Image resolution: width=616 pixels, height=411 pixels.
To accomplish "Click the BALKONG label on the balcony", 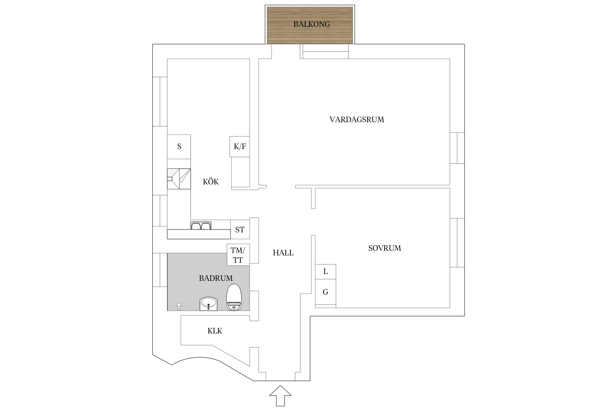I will [312, 24].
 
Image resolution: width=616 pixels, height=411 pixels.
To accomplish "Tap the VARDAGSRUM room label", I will [356, 119].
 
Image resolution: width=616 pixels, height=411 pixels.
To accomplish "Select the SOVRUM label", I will [384, 248].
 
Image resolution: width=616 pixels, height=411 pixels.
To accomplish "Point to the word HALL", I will [283, 253].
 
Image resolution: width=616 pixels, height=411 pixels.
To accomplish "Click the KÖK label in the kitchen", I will [211, 182].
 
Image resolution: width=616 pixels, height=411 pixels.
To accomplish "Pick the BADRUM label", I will [216, 278].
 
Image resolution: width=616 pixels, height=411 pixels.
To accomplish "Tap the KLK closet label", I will [215, 331].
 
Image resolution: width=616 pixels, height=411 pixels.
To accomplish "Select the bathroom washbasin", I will [208, 304].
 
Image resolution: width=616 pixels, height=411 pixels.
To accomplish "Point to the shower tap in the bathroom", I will [179, 306].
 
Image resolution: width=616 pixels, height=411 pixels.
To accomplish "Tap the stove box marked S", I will [179, 147].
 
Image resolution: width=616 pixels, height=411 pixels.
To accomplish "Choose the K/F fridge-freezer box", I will [240, 147].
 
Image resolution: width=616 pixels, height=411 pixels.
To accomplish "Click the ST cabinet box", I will [240, 230].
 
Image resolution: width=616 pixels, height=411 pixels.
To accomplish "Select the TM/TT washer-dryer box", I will [238, 255].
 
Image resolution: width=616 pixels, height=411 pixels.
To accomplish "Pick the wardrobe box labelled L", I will [326, 272].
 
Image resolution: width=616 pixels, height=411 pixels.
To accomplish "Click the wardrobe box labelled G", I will [326, 292].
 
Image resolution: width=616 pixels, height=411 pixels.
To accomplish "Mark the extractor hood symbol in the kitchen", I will [179, 179].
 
